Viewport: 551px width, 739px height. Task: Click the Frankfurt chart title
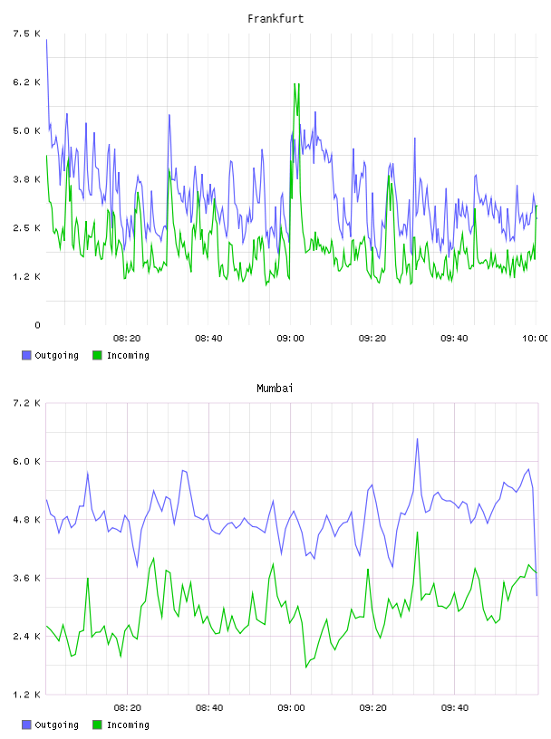coord(275,19)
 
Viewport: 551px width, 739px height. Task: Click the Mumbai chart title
coord(275,389)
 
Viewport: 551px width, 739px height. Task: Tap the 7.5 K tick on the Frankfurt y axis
coord(27,34)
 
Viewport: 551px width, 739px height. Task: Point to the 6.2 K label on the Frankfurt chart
coord(27,82)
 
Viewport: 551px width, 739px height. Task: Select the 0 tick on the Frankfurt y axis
coord(37,325)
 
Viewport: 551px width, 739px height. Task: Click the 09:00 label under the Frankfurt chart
coord(290,338)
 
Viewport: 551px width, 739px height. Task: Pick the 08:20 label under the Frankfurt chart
coord(127,338)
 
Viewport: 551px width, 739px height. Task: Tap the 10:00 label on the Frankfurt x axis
coord(536,338)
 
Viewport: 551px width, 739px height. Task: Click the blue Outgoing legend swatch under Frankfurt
coord(26,355)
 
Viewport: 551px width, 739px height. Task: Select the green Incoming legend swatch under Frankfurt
coord(97,355)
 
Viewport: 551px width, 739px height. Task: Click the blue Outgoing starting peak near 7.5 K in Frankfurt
coord(46,40)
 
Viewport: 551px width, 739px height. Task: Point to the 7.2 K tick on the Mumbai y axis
coord(27,403)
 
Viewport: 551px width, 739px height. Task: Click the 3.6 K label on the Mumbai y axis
coord(27,578)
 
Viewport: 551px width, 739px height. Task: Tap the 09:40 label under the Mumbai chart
coord(455,707)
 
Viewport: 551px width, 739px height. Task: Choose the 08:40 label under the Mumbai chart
coord(209,707)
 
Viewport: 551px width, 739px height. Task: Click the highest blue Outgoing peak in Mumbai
coord(417,439)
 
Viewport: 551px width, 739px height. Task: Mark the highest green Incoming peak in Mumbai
coord(417,533)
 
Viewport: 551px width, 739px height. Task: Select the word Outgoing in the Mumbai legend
coord(56,725)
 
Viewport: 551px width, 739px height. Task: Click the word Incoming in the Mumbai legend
coord(128,725)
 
